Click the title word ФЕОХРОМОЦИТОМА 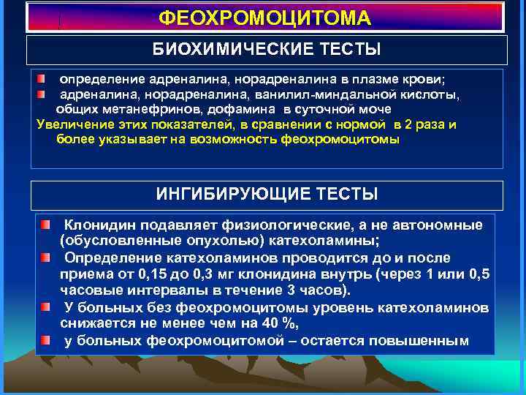[x=264, y=18]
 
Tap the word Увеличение [x=72, y=124]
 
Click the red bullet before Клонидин [x=46, y=223]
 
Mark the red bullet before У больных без [x=46, y=306]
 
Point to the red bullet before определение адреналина [x=44, y=78]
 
